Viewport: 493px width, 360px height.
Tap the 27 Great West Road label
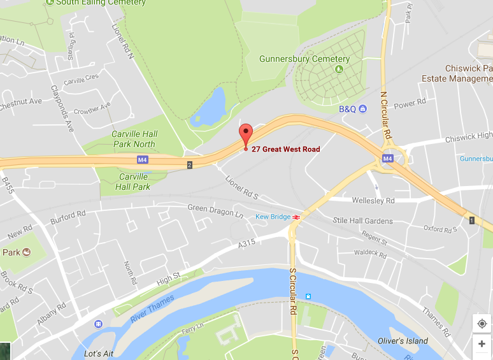click(286, 149)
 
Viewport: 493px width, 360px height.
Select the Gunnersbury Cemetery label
click(304, 59)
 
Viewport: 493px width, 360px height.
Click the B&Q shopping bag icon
click(362, 109)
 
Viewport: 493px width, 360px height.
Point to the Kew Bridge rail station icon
click(296, 217)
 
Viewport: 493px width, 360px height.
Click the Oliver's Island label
click(403, 341)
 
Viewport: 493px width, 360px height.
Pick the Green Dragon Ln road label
click(215, 211)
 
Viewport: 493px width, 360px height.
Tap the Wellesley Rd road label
click(373, 201)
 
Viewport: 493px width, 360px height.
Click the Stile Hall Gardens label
click(363, 220)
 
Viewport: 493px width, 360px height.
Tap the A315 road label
click(246, 244)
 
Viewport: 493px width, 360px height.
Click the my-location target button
click(482, 324)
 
